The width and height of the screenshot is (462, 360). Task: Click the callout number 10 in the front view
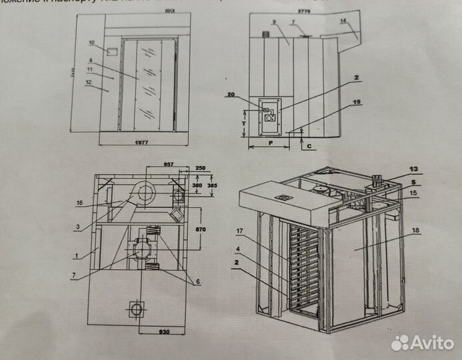click(91, 43)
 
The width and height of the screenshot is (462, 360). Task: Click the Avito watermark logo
click(423, 343)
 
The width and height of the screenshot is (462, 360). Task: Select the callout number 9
click(273, 22)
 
